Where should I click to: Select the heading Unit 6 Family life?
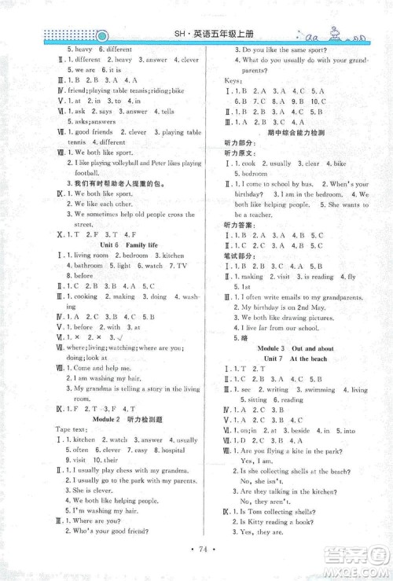(130, 245)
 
